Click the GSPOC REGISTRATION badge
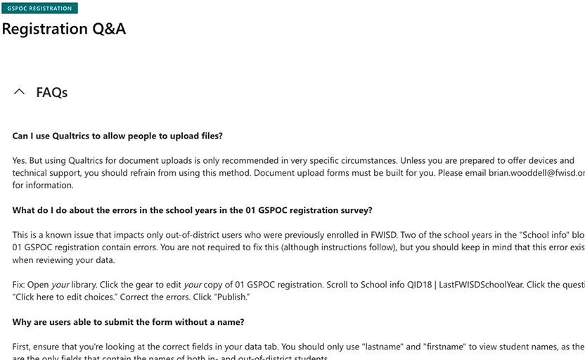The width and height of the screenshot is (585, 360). pos(39,8)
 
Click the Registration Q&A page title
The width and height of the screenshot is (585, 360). pos(64,30)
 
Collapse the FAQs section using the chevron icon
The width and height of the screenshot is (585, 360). pos(20,92)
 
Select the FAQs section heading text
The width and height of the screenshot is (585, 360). pos(52,92)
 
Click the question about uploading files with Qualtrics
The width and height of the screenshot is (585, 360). pos(117,136)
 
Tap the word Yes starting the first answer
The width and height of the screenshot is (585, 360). pos(20,161)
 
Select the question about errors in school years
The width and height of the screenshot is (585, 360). pos(192,210)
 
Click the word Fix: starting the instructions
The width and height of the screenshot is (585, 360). pos(20,285)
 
